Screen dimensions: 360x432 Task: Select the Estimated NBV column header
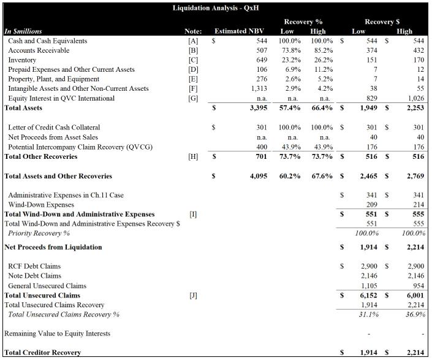238,31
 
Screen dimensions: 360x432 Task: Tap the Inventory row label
22,60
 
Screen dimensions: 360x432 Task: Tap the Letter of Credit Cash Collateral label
48,128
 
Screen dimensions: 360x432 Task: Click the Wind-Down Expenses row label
41,205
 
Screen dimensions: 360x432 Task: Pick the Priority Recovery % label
39,234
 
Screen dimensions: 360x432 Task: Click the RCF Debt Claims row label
34,267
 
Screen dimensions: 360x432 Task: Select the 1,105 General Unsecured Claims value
368,286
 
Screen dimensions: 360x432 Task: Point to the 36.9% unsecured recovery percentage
416,315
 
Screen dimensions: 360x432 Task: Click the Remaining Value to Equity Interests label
58,334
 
